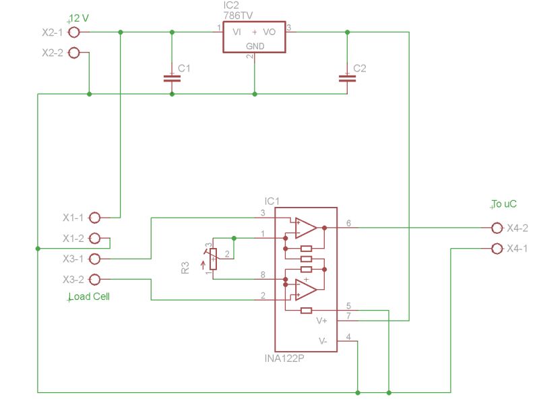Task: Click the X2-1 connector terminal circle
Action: click(x=74, y=32)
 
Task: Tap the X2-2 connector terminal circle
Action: click(x=74, y=53)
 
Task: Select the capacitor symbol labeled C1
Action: click(x=172, y=77)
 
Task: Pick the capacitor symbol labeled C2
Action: click(x=347, y=77)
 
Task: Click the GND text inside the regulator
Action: click(x=255, y=46)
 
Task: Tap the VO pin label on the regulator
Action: click(x=269, y=32)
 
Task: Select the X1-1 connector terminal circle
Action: click(x=94, y=218)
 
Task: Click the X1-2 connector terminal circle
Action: click(x=94, y=238)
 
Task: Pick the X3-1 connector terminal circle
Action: click(x=94, y=259)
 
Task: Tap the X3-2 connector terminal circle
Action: click(x=94, y=279)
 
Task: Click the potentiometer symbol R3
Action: click(x=214, y=259)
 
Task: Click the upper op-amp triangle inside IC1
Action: click(x=305, y=228)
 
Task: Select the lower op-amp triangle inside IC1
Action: click(x=305, y=289)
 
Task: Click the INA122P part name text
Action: click(x=284, y=359)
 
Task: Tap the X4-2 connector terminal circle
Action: click(x=497, y=228)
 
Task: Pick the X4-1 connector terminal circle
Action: click(x=497, y=248)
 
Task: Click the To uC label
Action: click(x=505, y=204)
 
